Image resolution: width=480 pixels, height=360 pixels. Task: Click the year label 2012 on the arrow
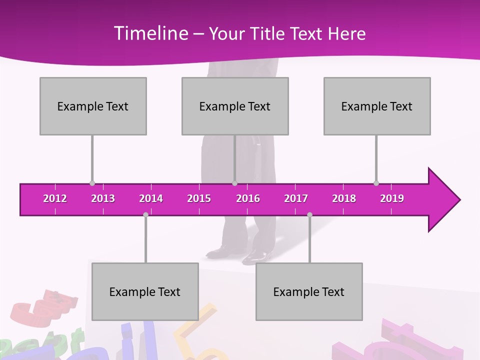(x=55, y=198)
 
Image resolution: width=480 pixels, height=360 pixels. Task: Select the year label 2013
(x=103, y=198)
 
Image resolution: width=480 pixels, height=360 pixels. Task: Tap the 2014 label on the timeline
(x=151, y=198)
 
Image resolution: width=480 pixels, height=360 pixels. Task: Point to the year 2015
(x=199, y=198)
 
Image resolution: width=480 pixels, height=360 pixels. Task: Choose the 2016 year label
(x=248, y=198)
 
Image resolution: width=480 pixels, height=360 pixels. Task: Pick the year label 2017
(x=296, y=198)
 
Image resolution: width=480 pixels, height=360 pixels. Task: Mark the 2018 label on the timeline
(x=344, y=198)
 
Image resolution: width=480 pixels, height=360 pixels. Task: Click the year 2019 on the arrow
(x=392, y=198)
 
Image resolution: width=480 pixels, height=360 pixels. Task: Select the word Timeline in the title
(x=150, y=33)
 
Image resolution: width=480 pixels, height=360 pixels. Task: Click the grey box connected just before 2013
(x=93, y=106)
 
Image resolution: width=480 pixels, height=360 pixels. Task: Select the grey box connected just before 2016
(x=235, y=106)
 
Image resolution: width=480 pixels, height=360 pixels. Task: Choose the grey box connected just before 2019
(x=377, y=106)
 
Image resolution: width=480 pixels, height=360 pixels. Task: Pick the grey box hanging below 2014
(x=145, y=291)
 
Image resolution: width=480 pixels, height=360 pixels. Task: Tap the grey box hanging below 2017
(x=309, y=291)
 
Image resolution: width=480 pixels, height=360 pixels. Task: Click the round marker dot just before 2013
(x=92, y=183)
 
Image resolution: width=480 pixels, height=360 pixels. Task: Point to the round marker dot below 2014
(x=145, y=214)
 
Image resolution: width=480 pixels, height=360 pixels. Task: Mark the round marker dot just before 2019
(x=376, y=183)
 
